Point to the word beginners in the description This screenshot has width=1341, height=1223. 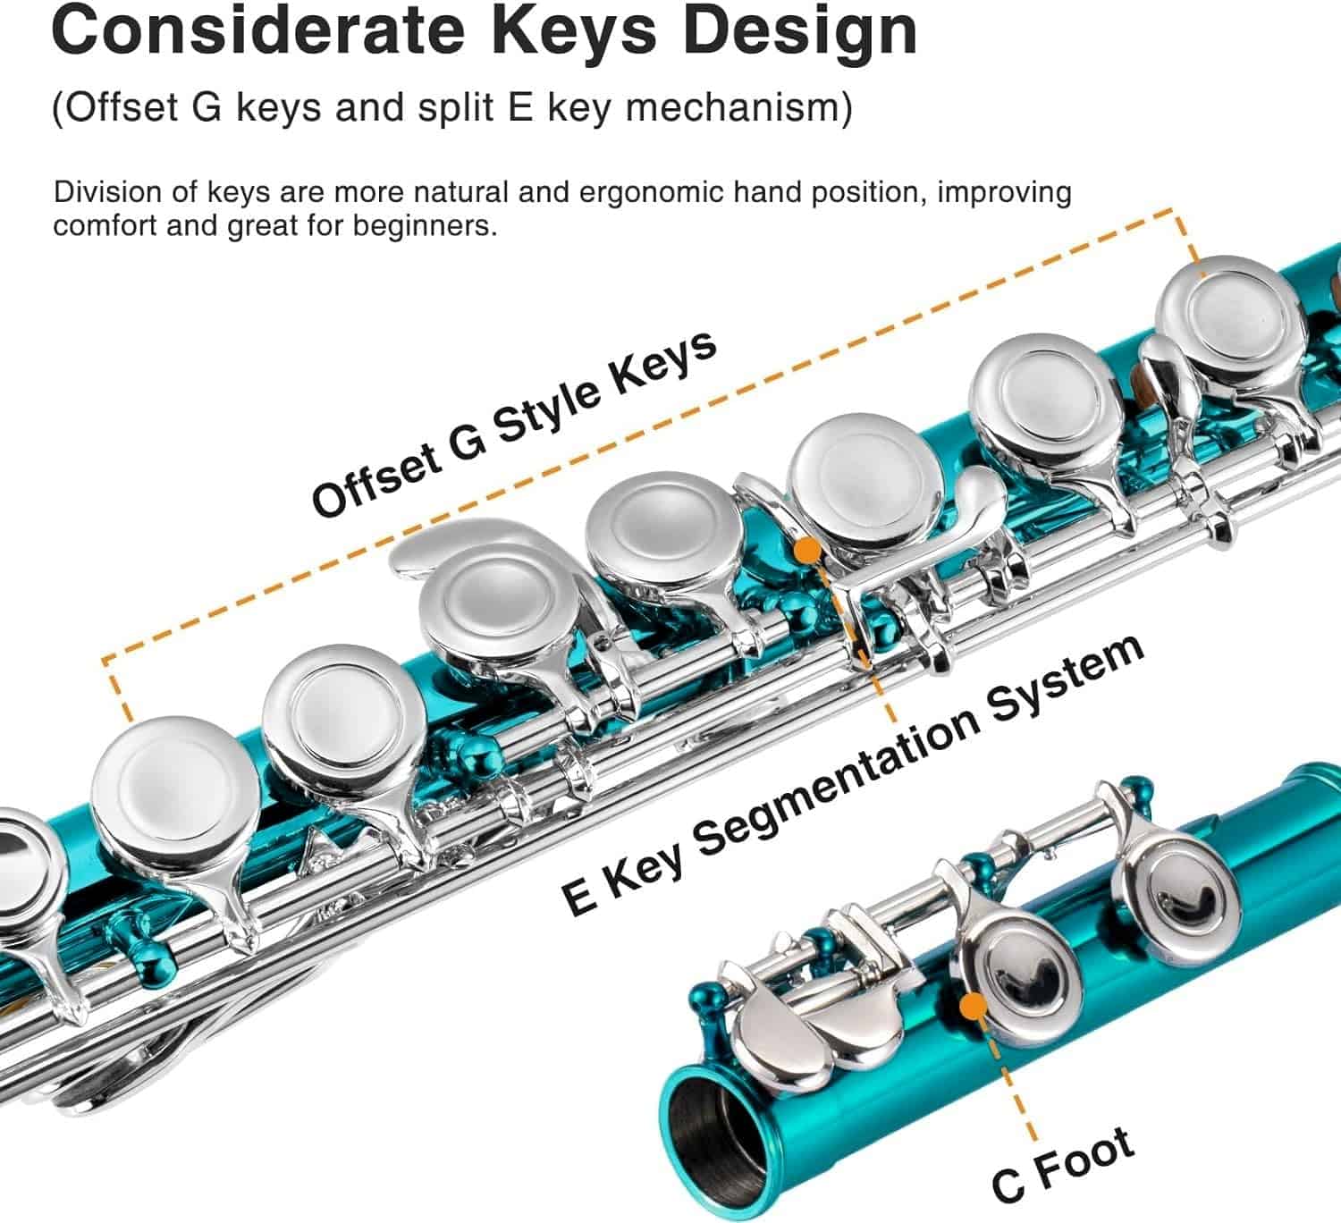[425, 225]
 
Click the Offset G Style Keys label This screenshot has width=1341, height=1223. [513, 425]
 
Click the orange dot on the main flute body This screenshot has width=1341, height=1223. [808, 548]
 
